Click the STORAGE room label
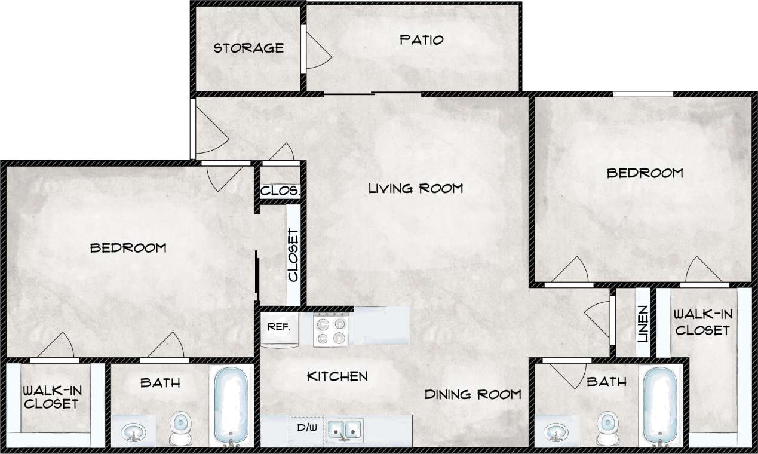click(x=248, y=48)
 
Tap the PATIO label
click(x=422, y=40)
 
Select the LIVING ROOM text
click(x=416, y=189)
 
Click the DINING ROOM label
click(x=472, y=394)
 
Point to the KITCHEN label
click(x=337, y=376)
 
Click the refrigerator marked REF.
click(x=278, y=328)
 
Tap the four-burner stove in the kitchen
click(x=331, y=330)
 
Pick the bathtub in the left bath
click(x=231, y=406)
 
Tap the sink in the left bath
click(x=134, y=431)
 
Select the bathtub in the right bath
click(x=660, y=406)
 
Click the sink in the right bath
click(x=558, y=431)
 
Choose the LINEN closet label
click(x=642, y=324)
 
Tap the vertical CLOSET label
click(x=293, y=255)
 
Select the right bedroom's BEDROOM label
click(x=645, y=173)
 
